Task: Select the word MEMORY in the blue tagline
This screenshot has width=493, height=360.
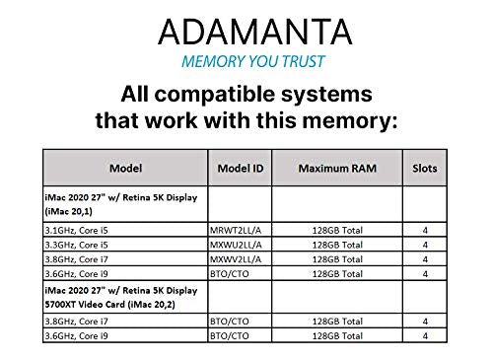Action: point(214,62)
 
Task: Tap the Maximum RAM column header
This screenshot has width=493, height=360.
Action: point(334,168)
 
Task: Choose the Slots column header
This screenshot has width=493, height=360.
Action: point(424,168)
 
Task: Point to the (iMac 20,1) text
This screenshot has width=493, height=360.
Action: point(69,209)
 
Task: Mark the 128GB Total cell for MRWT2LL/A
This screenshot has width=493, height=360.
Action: point(335,229)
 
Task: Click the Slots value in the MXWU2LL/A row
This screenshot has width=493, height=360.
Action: point(424,243)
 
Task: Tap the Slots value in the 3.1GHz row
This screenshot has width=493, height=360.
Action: point(424,229)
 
